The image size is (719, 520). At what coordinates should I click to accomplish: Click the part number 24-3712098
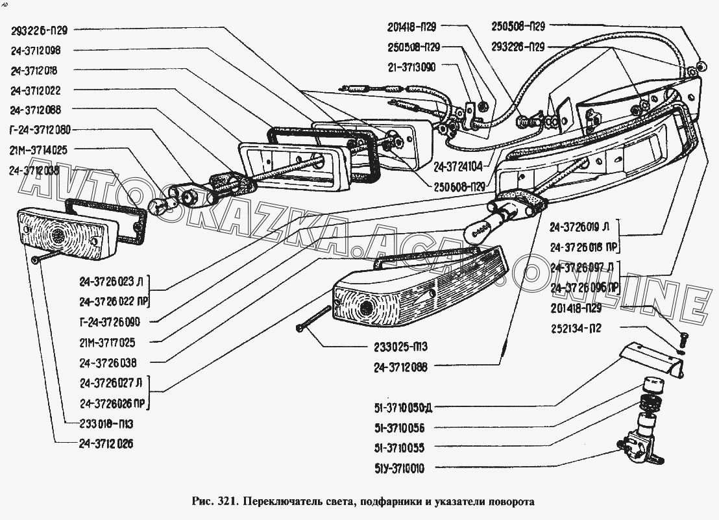coord(44,50)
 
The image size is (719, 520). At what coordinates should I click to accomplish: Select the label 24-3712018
coord(44,71)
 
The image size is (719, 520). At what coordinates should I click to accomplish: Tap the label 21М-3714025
coord(39,150)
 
